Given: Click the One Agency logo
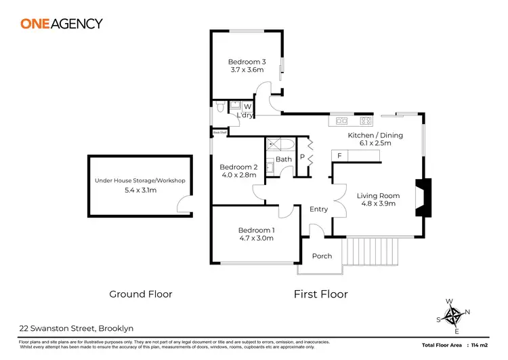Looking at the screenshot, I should point(62,24).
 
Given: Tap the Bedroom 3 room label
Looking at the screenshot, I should point(246,62).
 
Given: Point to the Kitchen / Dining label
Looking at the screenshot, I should point(375,136).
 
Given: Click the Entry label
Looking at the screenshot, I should point(318,209).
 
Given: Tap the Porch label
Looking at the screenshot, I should point(321,256).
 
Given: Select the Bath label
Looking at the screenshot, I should point(284,160).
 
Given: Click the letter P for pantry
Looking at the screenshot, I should point(303,157).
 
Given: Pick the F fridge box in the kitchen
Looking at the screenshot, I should point(338,156).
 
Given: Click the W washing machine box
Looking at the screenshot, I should point(247,106).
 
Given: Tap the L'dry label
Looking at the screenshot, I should point(245,116).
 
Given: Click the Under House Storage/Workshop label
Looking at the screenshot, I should point(140,181).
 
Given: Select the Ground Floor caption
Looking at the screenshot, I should point(141,294).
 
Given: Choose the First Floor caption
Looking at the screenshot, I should point(320,294).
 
